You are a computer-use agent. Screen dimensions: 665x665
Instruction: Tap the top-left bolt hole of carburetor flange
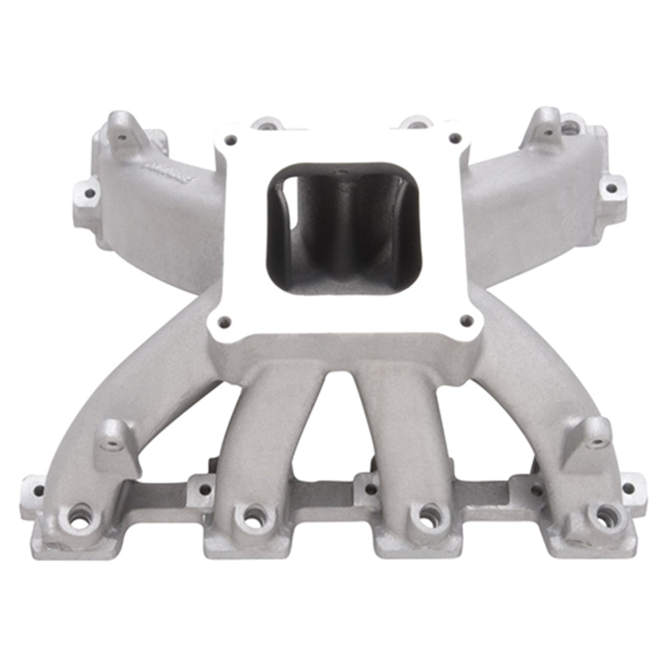pyautogui.click(x=230, y=140)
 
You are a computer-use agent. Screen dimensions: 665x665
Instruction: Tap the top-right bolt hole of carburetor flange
pyautogui.click(x=455, y=138)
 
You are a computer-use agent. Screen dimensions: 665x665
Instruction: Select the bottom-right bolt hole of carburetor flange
pyautogui.click(x=467, y=321)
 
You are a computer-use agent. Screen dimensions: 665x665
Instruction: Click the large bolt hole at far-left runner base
pyautogui.click(x=79, y=517)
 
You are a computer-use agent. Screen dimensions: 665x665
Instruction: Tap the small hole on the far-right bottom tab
pyautogui.click(x=628, y=487)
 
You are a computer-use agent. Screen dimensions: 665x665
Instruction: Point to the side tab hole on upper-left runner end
pyautogui.click(x=88, y=194)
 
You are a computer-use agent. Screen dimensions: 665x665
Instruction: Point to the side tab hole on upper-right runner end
pyautogui.click(x=611, y=188)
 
